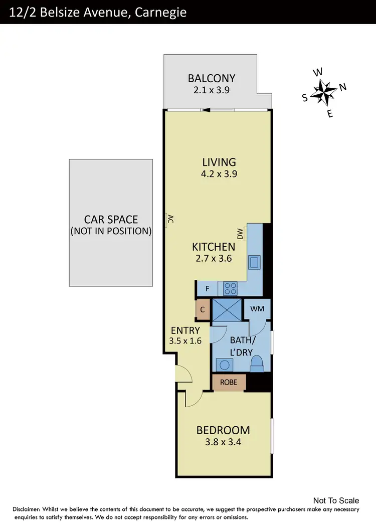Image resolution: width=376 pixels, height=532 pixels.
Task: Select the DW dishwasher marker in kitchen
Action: (240, 233)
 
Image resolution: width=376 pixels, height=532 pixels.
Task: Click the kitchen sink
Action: (255, 262)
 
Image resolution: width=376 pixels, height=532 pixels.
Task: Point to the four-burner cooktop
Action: (230, 288)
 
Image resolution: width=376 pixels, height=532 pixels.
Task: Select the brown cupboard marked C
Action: (203, 309)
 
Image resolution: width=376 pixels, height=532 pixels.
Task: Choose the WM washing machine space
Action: (257, 309)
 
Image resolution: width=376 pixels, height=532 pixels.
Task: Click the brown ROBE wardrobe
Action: (229, 382)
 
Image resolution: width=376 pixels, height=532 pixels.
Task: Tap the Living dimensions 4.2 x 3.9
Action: (219, 174)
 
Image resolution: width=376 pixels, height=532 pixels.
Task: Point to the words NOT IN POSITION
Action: (111, 231)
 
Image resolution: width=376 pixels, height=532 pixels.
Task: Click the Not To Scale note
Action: (336, 500)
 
